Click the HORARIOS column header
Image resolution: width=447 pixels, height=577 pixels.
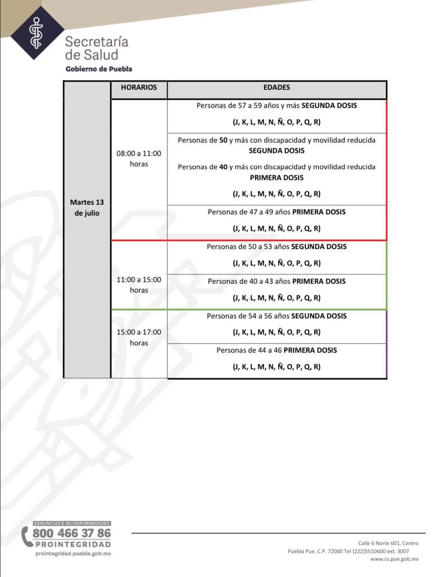[139, 88]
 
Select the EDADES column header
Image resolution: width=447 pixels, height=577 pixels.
[276, 88]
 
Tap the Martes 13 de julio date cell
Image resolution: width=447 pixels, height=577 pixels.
[87, 207]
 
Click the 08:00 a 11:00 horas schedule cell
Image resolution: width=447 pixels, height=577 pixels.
[139, 159]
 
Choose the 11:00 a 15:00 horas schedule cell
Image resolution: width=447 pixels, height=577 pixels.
[139, 285]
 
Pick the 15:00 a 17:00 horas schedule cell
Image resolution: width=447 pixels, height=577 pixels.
[139, 337]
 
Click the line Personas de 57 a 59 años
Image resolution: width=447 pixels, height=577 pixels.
[276, 106]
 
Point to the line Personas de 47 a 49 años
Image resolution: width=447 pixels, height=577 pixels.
[276, 212]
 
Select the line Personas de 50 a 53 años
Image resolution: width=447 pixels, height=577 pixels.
[276, 247]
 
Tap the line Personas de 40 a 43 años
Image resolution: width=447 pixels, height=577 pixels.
[276, 281]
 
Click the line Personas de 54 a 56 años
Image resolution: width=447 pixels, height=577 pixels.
[276, 316]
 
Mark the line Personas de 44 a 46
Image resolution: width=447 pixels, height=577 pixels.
[276, 351]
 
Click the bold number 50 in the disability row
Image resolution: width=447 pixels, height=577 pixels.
[223, 140]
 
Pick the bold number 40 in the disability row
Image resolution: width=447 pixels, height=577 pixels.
[223, 167]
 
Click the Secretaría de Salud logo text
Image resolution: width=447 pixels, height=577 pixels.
[96, 48]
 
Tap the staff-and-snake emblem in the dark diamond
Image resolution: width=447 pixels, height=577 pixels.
[37, 33]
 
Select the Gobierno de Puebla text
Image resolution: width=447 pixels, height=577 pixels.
[99, 69]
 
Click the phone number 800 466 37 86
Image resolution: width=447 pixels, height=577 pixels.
[72, 533]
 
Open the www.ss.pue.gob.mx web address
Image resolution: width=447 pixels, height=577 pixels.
[394, 559]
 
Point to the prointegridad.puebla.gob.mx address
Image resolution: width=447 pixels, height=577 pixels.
[73, 554]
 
